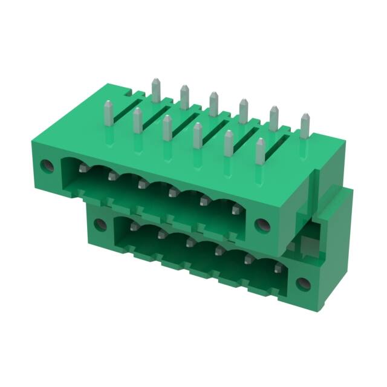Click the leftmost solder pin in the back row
point(156,90)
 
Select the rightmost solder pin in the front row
point(260,151)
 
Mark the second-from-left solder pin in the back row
point(184,97)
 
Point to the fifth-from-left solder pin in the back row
point(273,119)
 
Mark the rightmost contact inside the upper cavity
point(235,210)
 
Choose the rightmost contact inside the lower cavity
point(277,267)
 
